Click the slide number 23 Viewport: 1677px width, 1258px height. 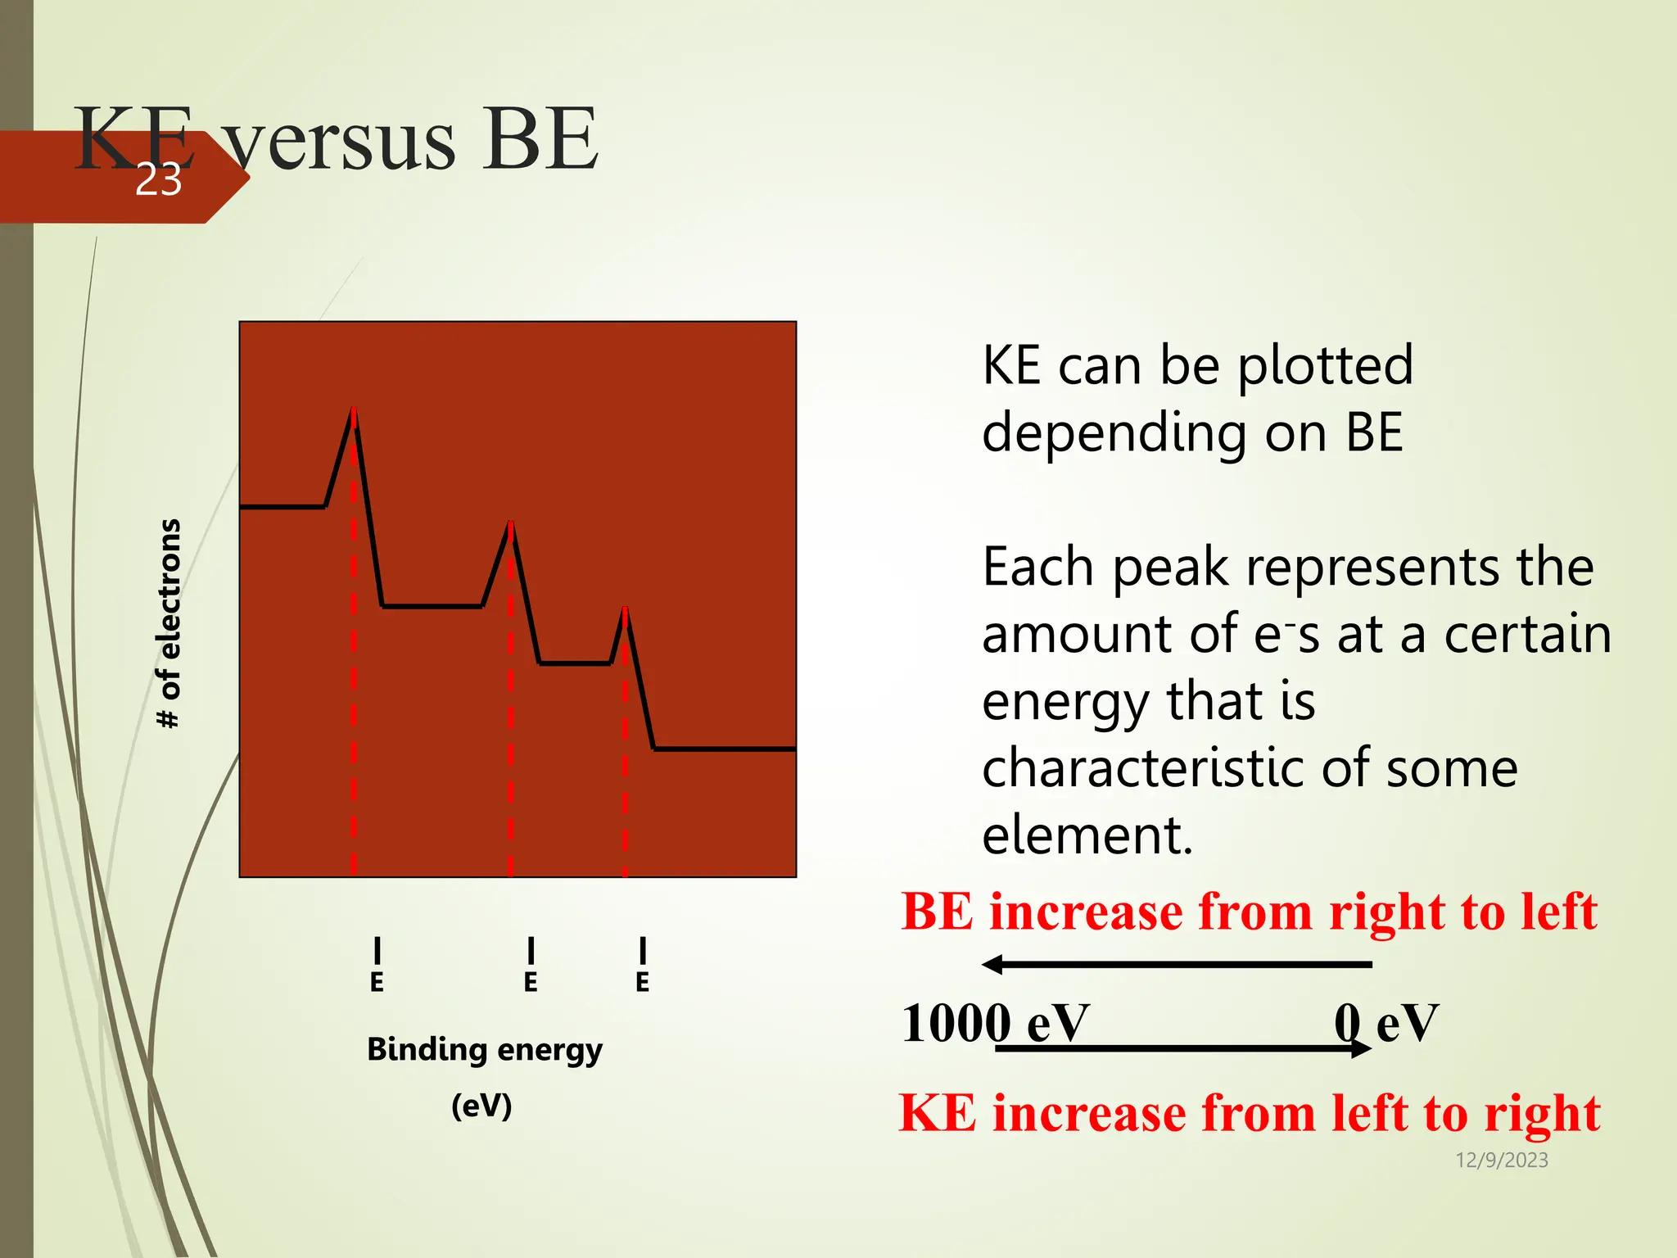158,179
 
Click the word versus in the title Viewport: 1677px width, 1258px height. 340,141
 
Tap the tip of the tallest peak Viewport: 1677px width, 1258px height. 354,409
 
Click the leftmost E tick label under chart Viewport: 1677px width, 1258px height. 377,982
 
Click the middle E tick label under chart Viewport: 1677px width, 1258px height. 531,982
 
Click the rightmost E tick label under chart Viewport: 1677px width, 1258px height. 643,982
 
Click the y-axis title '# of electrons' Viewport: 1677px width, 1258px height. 169,623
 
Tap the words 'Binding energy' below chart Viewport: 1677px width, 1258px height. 484,1049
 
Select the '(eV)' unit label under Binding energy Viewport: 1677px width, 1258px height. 481,1106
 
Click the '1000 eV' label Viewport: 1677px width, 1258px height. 994,1024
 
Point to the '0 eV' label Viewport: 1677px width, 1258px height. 1385,1024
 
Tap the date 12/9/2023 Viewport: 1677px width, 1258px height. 1501,1160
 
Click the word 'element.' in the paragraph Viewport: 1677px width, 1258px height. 1087,835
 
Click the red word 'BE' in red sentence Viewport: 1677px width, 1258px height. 937,912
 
